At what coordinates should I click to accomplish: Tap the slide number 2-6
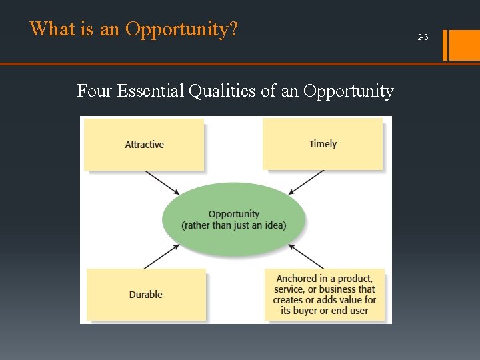(x=423, y=37)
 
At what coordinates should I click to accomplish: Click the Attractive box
(x=144, y=144)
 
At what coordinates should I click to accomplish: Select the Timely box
(x=323, y=143)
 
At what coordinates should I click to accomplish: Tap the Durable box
(x=145, y=294)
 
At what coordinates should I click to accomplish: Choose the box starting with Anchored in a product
(x=325, y=294)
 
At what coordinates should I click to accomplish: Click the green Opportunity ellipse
(x=233, y=219)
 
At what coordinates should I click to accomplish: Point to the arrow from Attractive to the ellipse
(x=161, y=183)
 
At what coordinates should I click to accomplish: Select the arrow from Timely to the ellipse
(x=306, y=182)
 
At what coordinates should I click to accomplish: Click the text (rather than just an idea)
(x=233, y=225)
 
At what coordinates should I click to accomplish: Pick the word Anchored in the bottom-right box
(x=296, y=279)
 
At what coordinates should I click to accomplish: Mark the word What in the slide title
(x=48, y=29)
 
